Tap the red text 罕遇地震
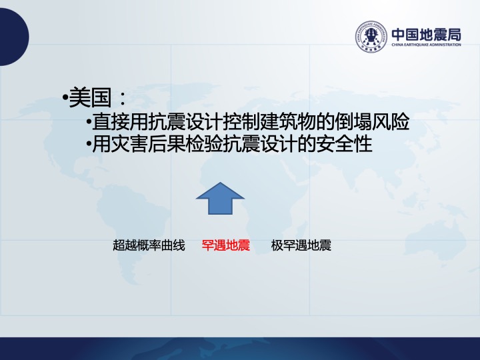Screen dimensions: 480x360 pos(225,245)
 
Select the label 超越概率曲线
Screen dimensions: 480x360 pos(149,245)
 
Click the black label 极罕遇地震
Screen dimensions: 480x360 pos(301,245)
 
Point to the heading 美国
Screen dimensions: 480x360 pos(90,97)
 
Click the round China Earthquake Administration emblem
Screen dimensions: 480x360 pos(371,37)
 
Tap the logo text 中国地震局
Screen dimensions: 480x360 pos(426,35)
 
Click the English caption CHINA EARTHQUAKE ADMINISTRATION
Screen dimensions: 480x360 pos(426,45)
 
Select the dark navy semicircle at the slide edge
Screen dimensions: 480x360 pos(15,37)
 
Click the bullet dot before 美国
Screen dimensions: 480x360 pos(65,98)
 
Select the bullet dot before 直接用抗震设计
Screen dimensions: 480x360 pos(89,122)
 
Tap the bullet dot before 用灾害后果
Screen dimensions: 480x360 pos(89,143)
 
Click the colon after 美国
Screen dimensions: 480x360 pos(123,98)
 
